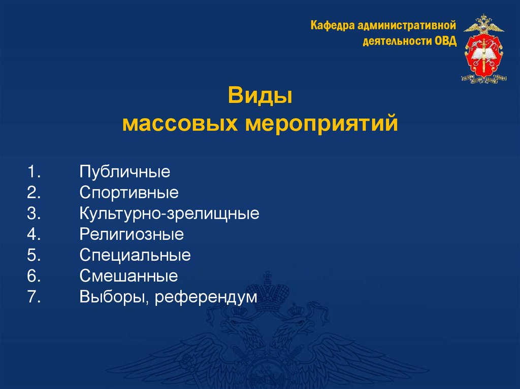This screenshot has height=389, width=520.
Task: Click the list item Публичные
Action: click(124, 172)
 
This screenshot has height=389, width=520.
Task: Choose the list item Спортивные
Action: click(129, 193)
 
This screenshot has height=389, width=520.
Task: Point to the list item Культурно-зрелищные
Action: click(169, 214)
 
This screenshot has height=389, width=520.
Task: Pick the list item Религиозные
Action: click(132, 234)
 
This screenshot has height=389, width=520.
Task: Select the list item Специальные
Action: click(135, 255)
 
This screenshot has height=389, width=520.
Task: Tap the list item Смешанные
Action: click(128, 276)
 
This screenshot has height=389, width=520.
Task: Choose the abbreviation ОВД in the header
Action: click(445, 41)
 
